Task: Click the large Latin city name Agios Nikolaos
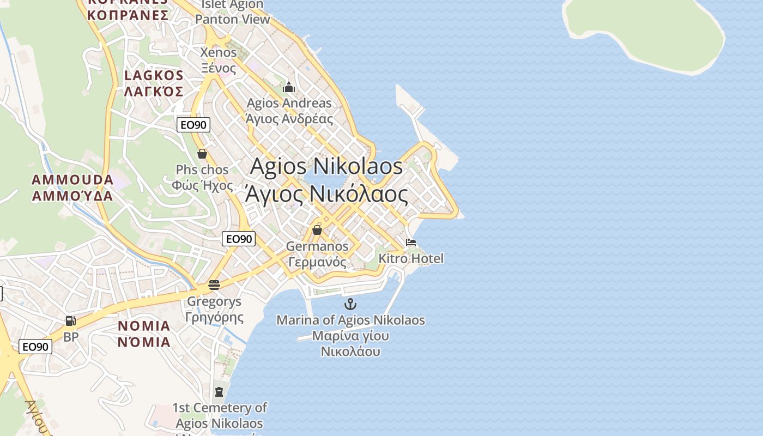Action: click(326, 166)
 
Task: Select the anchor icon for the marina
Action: click(350, 304)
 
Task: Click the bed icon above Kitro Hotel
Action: click(411, 243)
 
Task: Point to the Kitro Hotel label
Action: click(411, 258)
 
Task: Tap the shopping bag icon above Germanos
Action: click(317, 230)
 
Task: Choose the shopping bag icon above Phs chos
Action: click(202, 154)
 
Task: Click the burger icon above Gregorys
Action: click(214, 284)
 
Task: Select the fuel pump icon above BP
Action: click(70, 321)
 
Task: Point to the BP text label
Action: click(71, 337)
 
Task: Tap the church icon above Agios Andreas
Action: click(289, 87)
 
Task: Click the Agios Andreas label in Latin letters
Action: click(289, 103)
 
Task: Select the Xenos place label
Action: click(219, 53)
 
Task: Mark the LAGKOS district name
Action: click(154, 75)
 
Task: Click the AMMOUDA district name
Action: click(72, 179)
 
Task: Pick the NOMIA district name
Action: click(144, 326)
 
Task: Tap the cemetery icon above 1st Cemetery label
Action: click(219, 391)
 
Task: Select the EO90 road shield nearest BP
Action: click(35, 347)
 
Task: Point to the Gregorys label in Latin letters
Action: click(214, 301)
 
